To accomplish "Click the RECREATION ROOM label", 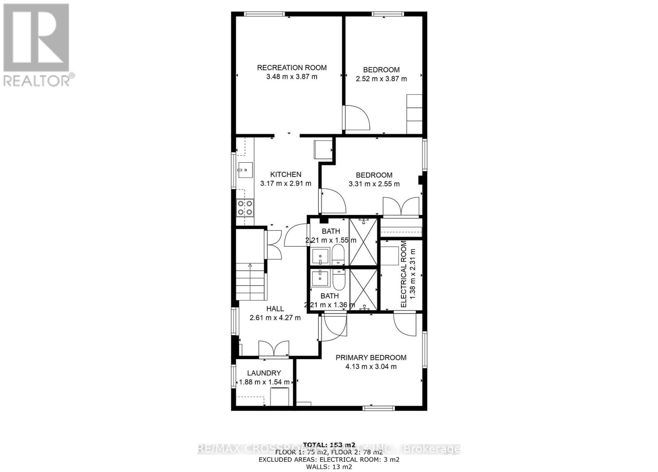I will (x=292, y=68).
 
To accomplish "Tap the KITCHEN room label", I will (x=285, y=175).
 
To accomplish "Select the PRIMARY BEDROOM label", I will (x=371, y=358).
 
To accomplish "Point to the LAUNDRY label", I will (x=264, y=373).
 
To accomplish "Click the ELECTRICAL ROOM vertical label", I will (x=403, y=274).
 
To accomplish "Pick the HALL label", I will (x=275, y=309).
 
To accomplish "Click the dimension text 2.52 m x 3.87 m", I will (x=381, y=79).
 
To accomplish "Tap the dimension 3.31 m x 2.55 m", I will (x=374, y=184).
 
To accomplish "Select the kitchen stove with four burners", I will (x=245, y=208).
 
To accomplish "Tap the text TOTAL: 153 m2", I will (x=329, y=444).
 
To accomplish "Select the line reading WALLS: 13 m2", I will (x=329, y=467).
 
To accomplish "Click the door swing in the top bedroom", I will (x=357, y=118).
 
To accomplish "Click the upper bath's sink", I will (x=320, y=256).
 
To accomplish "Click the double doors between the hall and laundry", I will (x=273, y=349).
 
